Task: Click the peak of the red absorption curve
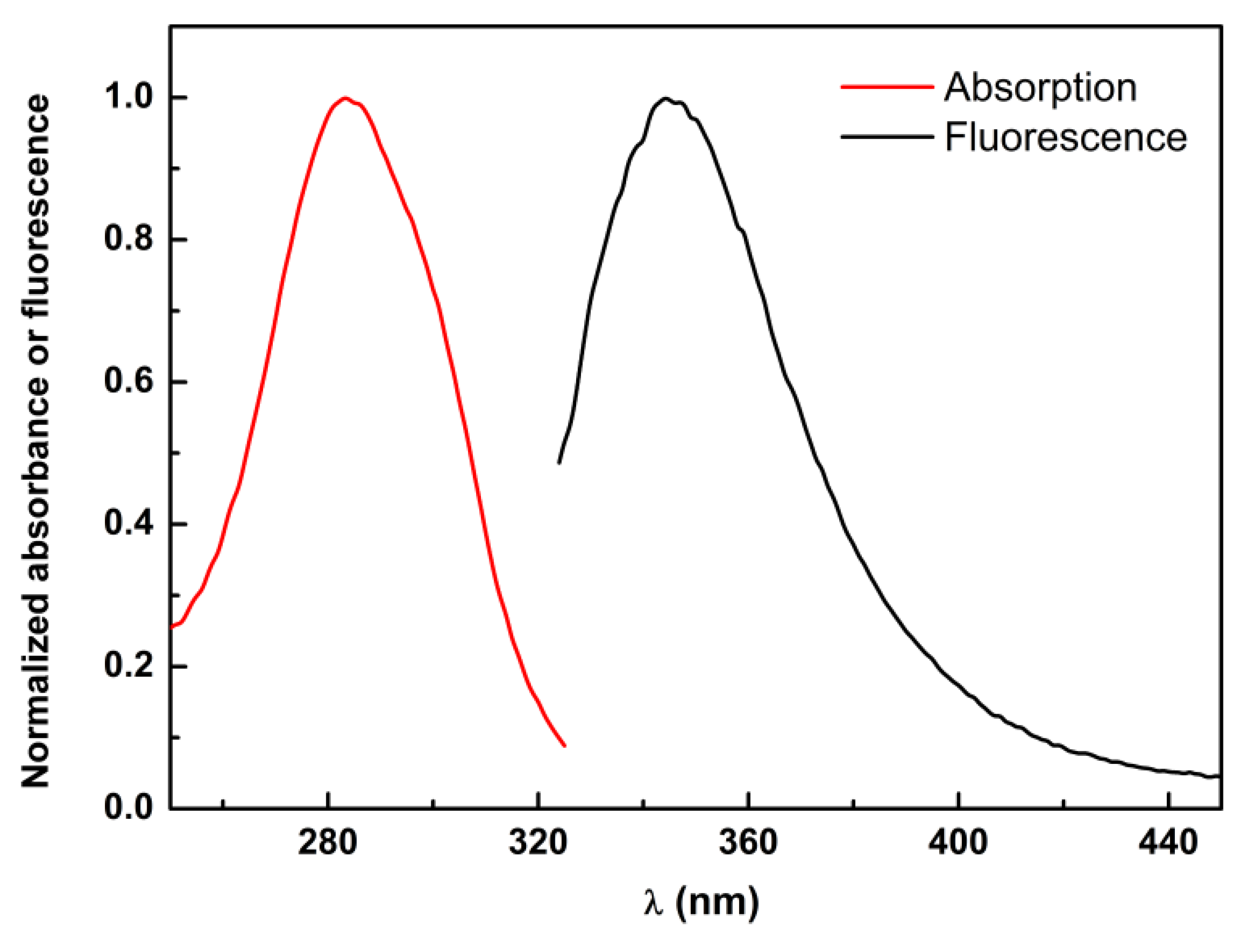point(344,98)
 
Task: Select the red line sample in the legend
point(887,87)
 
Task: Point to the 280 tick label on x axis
point(328,843)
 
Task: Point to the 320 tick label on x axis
point(538,843)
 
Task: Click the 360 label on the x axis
point(748,843)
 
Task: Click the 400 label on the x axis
point(958,843)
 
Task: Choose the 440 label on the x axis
point(1168,843)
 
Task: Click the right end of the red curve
point(564,746)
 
